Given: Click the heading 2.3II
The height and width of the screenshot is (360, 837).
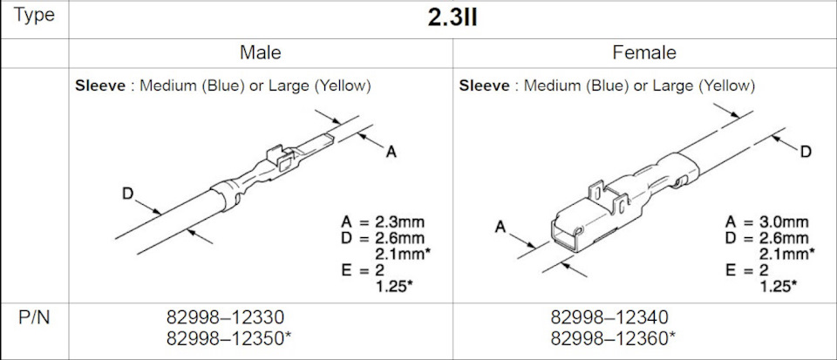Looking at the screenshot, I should point(452,18).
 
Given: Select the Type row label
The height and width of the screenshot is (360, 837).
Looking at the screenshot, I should point(34,17).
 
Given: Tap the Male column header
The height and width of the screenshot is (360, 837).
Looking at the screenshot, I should point(260,53).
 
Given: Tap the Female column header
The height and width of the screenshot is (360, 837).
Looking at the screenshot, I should point(644,53).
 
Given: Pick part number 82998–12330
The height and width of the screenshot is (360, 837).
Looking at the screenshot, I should point(226,316).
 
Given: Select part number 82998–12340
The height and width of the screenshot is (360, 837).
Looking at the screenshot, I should point(609,316).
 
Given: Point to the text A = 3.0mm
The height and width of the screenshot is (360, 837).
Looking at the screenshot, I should point(770,221).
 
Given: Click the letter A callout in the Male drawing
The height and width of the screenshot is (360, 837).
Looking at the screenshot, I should point(391,153).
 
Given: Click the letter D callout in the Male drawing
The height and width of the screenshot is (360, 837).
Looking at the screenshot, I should point(127,194).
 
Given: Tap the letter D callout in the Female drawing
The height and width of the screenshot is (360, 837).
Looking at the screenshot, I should point(806,152).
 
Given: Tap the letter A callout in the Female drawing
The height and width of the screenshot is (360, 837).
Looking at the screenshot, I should point(500,227).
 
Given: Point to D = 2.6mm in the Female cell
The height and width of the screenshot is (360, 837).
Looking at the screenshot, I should point(770,237).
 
